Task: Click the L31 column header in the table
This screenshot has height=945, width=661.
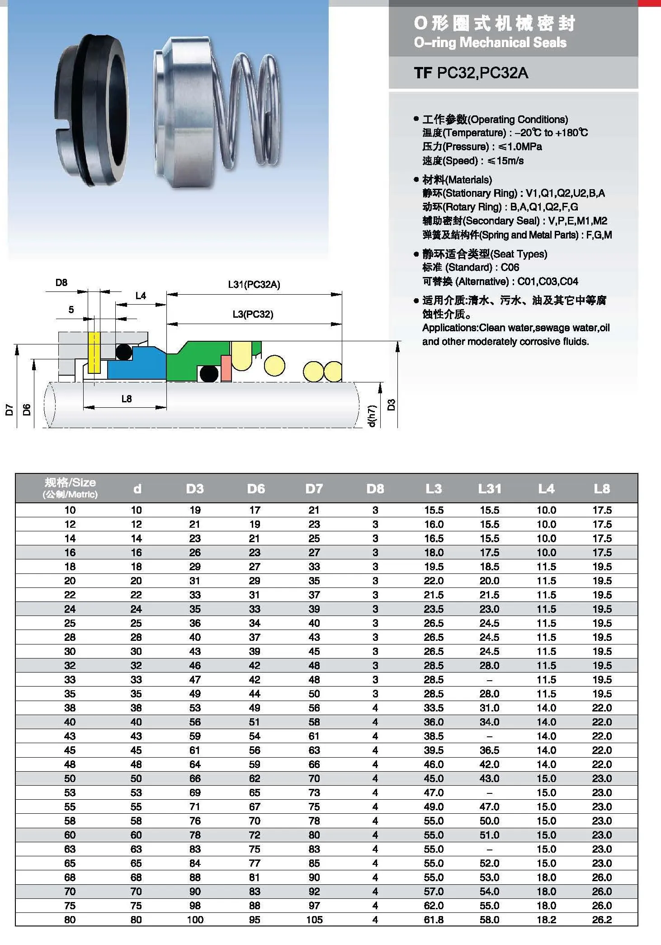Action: point(490,489)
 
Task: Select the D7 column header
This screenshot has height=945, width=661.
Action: point(314,489)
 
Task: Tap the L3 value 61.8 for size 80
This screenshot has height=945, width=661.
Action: point(434,920)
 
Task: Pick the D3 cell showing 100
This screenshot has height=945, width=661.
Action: point(195,920)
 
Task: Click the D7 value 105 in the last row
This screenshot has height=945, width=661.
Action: point(314,920)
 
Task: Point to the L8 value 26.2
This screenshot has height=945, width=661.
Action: point(602,920)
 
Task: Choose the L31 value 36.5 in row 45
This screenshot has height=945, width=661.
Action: point(490,750)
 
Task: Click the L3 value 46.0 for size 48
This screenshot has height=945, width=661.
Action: point(434,764)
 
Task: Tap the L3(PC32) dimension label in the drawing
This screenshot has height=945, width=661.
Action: point(253,314)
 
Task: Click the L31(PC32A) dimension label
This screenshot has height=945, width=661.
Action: point(254,285)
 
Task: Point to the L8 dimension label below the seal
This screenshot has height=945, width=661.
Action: point(127,399)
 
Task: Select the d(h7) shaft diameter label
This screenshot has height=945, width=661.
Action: point(372,415)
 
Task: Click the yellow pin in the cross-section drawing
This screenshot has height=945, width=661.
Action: point(94,353)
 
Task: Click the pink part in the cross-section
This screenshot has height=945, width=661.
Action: point(226,367)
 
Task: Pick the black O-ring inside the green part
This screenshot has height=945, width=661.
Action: point(209,374)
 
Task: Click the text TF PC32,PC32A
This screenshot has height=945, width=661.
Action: point(471,73)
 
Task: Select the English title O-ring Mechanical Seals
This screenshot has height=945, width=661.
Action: point(490,43)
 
